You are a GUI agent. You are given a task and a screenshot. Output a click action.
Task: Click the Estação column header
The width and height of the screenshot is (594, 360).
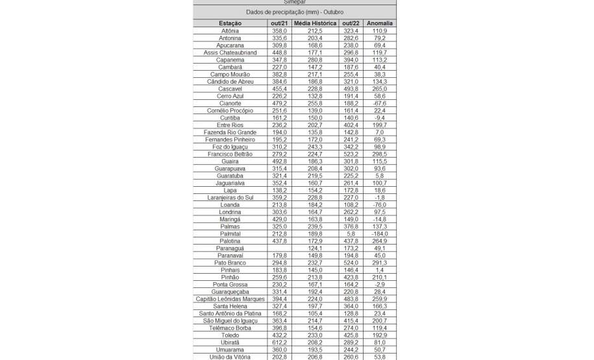230,23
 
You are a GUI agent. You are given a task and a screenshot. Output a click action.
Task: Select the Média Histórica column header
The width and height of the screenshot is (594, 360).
315,23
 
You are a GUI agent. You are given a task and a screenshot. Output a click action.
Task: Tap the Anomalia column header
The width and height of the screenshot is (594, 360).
380,23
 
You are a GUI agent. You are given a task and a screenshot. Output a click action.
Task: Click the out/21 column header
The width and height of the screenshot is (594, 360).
279,23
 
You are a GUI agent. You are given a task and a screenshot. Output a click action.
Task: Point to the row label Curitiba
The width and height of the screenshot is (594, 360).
230,117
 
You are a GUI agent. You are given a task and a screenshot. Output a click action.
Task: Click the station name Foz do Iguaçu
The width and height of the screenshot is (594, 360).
230,147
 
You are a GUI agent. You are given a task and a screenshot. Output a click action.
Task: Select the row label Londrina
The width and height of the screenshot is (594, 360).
230,211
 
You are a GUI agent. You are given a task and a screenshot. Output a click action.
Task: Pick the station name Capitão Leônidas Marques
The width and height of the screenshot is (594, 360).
230,298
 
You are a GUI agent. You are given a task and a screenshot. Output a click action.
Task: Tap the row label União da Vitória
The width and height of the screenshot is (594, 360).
230,356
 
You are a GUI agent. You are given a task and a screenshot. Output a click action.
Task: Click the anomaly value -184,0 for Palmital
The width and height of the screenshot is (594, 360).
380,234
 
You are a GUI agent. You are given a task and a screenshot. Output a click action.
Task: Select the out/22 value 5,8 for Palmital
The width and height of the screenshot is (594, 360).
351,234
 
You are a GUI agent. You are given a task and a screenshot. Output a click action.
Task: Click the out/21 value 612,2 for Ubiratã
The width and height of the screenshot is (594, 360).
279,342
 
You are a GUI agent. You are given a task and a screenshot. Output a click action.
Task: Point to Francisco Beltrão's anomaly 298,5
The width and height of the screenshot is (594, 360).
380,154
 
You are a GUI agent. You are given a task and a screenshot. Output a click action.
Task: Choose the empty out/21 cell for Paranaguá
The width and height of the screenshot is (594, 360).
279,248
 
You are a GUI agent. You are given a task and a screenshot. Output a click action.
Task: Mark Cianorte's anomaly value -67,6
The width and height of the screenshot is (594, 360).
380,103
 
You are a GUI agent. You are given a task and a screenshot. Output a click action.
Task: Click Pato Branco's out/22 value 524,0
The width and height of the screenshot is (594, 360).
351,262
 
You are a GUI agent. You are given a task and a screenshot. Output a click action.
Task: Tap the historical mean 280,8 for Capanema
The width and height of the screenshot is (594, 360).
315,60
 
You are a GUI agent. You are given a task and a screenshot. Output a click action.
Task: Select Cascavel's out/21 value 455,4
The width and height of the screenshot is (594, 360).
279,89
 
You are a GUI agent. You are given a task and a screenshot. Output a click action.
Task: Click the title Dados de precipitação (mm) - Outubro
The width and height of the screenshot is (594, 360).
295,12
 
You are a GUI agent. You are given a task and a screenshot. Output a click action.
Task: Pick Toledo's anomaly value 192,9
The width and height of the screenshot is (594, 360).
380,335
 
